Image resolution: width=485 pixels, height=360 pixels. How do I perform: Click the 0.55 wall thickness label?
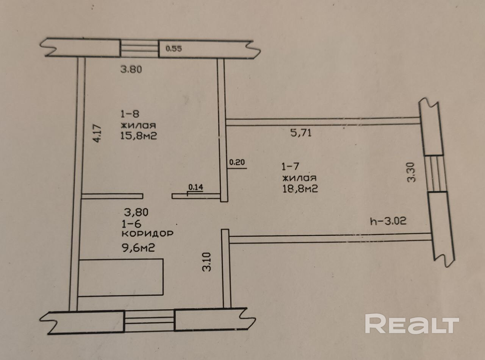[x=174, y=48]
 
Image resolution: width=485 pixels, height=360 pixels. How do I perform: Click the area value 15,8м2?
[x=139, y=136]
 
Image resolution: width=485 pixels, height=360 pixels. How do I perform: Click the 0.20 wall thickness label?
[x=238, y=163]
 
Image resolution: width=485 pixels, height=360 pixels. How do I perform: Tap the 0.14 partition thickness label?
[x=196, y=187]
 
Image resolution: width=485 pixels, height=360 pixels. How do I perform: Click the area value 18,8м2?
[x=299, y=189]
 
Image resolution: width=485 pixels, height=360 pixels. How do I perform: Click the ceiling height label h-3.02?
[x=388, y=221]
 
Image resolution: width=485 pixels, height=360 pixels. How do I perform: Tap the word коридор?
[x=148, y=234]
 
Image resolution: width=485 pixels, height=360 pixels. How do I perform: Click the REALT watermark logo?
[x=412, y=324]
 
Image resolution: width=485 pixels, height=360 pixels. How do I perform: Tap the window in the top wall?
[x=139, y=48]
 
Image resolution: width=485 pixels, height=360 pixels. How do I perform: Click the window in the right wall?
[x=435, y=174]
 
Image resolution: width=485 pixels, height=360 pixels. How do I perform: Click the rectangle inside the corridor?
[x=120, y=277]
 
